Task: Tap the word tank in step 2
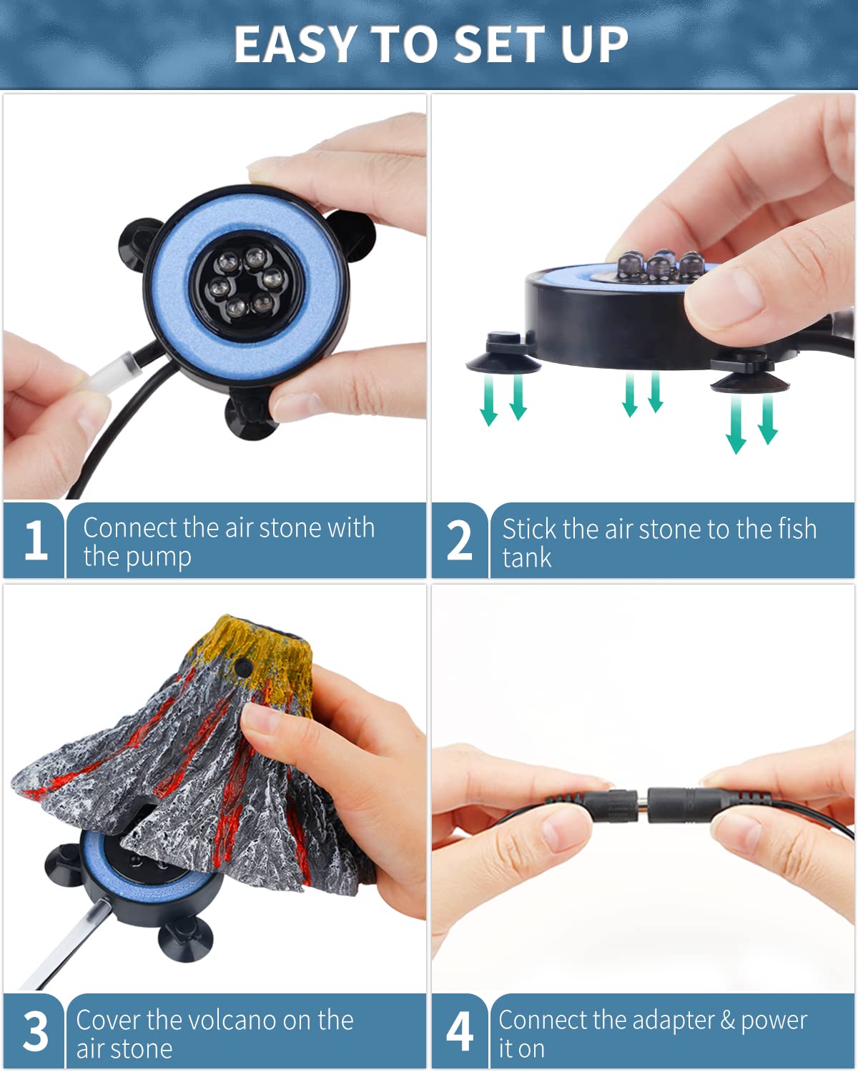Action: coord(526,557)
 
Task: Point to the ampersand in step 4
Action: coord(728,1020)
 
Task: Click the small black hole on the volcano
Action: coord(242,667)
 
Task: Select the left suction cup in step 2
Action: coord(503,355)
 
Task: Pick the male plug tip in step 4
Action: coord(642,803)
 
